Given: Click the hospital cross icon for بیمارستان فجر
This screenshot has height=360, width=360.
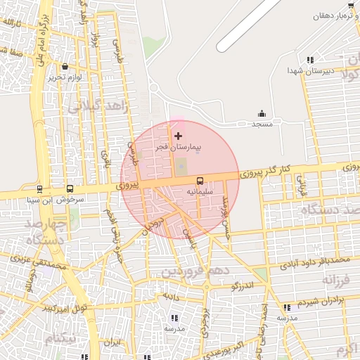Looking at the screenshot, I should click(x=178, y=135).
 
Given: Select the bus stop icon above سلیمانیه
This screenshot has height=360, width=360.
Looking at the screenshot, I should click(x=200, y=181).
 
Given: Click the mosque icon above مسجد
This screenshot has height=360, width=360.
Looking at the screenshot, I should click(x=262, y=114).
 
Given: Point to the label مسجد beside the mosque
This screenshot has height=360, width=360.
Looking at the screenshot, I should click(x=262, y=124).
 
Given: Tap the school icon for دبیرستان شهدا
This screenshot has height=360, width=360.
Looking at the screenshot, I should click(x=310, y=60).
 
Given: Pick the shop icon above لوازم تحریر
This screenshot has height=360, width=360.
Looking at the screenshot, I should click(x=65, y=67).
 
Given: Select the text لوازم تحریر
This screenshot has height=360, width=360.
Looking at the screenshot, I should click(x=65, y=77).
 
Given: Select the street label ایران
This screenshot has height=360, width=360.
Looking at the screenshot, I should click(x=112, y=343).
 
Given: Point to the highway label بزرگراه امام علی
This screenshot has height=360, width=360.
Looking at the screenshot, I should click(x=43, y=47).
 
